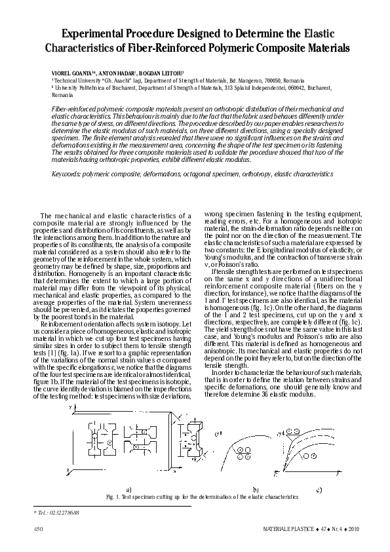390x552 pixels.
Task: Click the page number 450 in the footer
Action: click(x=38, y=528)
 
